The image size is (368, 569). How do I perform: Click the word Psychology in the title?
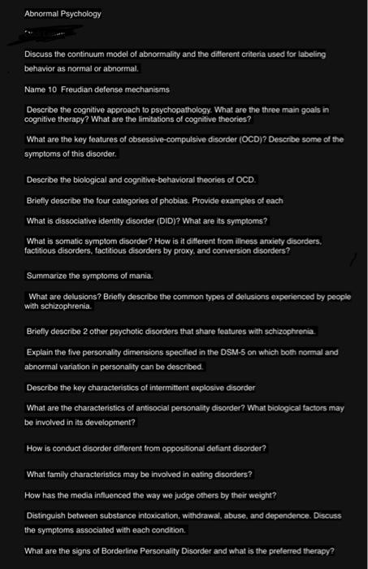78,14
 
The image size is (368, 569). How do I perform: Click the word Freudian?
76,89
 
